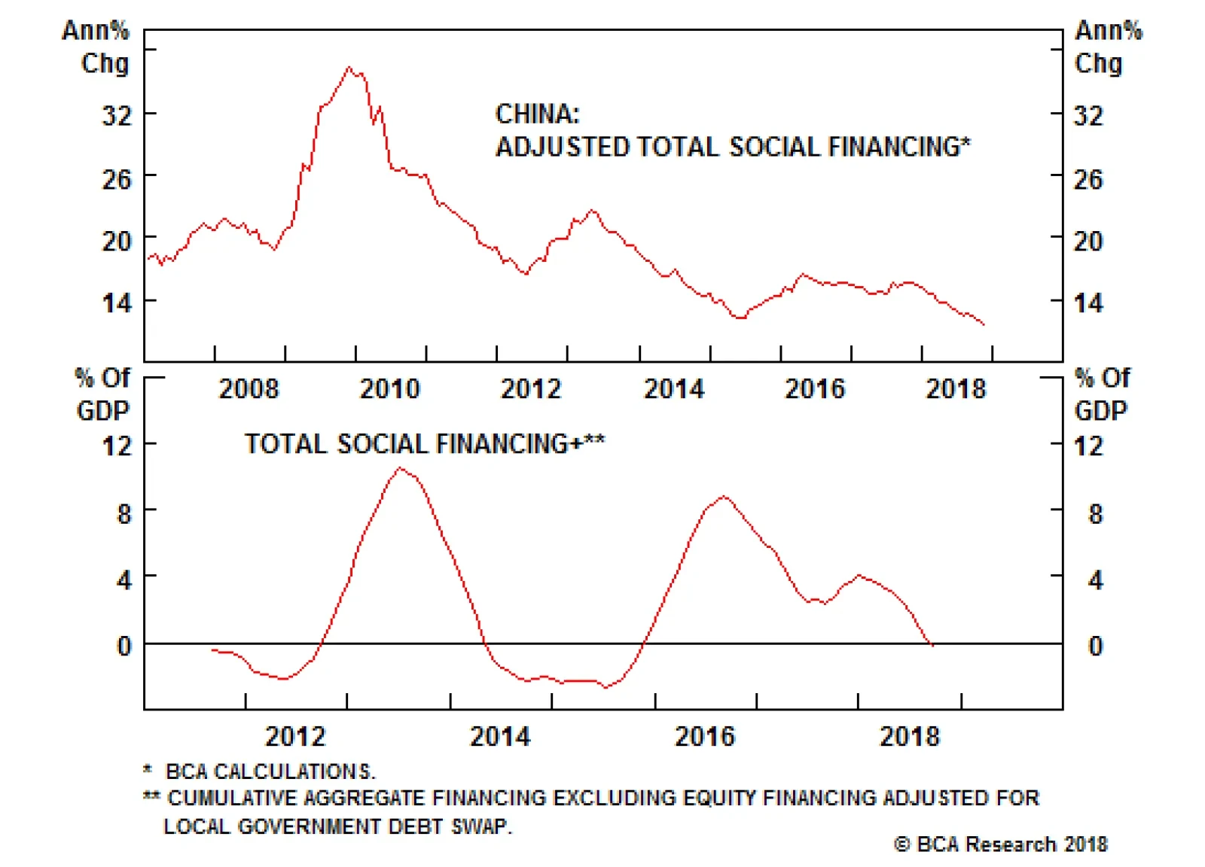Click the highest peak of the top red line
click(x=349, y=68)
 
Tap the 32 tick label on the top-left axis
click(x=117, y=116)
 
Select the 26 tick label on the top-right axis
click(x=1088, y=179)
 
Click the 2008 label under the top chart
click(x=249, y=389)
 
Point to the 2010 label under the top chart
click(x=389, y=389)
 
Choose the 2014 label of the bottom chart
click(x=500, y=736)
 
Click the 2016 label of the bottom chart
click(x=704, y=736)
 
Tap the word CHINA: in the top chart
click(x=537, y=114)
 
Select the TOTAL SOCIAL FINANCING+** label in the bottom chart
click(x=424, y=444)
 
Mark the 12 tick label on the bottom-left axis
click(x=117, y=446)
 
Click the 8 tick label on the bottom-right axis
click(x=1095, y=515)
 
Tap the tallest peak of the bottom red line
click(x=400, y=468)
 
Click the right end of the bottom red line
click(x=932, y=645)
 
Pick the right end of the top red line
click(x=984, y=324)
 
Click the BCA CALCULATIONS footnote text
click(x=270, y=771)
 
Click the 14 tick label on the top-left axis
click(x=117, y=303)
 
